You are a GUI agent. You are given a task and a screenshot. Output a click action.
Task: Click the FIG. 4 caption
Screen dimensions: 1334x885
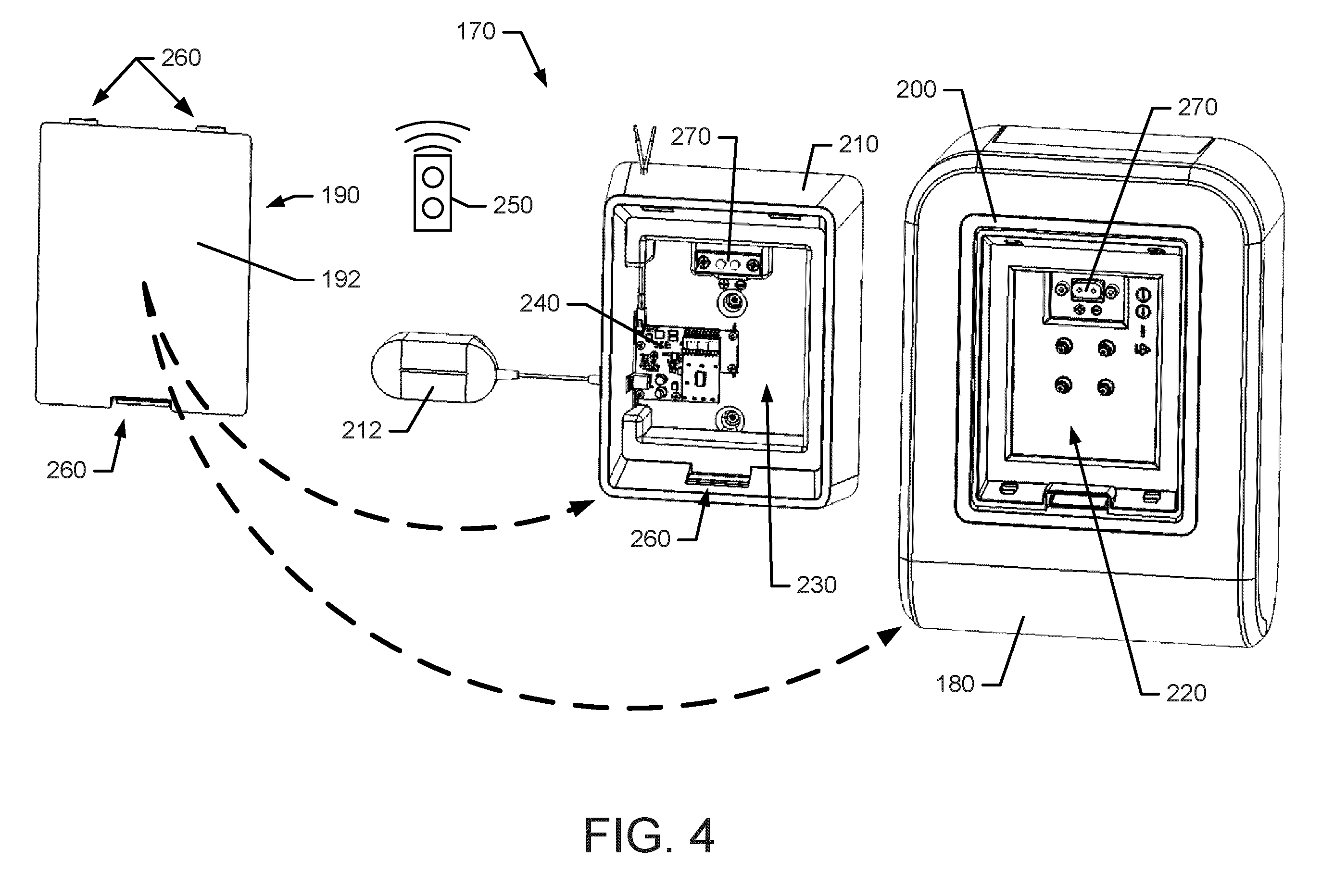pyautogui.click(x=649, y=836)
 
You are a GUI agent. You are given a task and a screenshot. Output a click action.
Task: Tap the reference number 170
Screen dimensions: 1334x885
pyautogui.click(x=476, y=32)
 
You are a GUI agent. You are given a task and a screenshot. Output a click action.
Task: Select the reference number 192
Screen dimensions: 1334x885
pyautogui.click(x=340, y=279)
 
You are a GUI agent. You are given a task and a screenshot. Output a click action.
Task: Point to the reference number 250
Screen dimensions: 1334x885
pyautogui.click(x=513, y=205)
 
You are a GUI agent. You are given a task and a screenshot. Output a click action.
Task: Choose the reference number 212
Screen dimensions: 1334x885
pyautogui.click(x=361, y=431)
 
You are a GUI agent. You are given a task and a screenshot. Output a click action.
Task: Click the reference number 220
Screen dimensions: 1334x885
pyautogui.click(x=1186, y=693)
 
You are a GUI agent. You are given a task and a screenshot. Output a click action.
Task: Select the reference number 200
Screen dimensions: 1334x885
pyautogui.click(x=916, y=90)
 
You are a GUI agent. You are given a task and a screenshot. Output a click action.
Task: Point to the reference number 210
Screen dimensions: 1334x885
pyautogui.click(x=859, y=145)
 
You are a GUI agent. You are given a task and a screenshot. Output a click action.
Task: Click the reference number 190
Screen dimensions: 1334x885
pyautogui.click(x=340, y=196)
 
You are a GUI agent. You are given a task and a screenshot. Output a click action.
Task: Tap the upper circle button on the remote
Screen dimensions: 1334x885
pyautogui.click(x=433, y=178)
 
